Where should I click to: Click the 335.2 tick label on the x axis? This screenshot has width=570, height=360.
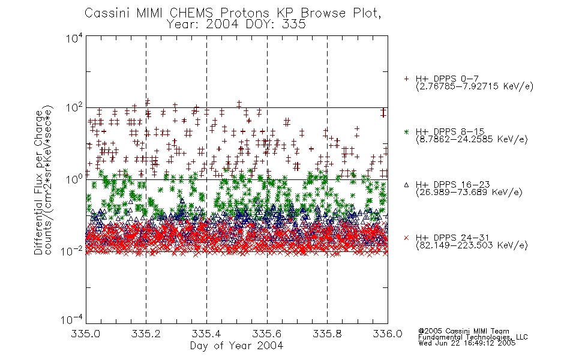tap(146, 334)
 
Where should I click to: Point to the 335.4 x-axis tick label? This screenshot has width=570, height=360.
tap(206, 334)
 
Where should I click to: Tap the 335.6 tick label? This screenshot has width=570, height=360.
tap(267, 334)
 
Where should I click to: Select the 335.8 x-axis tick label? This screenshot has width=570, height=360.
tap(327, 334)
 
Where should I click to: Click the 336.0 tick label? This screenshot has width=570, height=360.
tap(388, 334)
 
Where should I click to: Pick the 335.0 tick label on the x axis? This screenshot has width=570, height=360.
tap(85, 334)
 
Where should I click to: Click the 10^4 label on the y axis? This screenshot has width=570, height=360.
tap(74, 38)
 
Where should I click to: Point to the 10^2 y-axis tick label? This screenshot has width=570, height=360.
tap(74, 108)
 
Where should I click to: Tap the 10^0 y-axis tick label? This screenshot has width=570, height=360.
tap(74, 179)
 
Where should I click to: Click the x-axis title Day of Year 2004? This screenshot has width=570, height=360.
tap(236, 346)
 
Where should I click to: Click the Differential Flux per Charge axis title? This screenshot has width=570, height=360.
tap(38, 182)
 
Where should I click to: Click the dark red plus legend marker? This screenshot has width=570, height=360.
tap(406, 79)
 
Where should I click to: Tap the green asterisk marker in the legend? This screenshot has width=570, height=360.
tap(406, 132)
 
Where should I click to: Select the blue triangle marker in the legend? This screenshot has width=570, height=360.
tap(406, 185)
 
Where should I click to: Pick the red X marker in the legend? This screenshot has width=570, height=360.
tap(406, 238)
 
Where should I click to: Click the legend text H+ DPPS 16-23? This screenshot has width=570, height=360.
tap(452, 185)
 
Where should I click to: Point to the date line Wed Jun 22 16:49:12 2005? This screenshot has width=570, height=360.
tap(467, 343)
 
